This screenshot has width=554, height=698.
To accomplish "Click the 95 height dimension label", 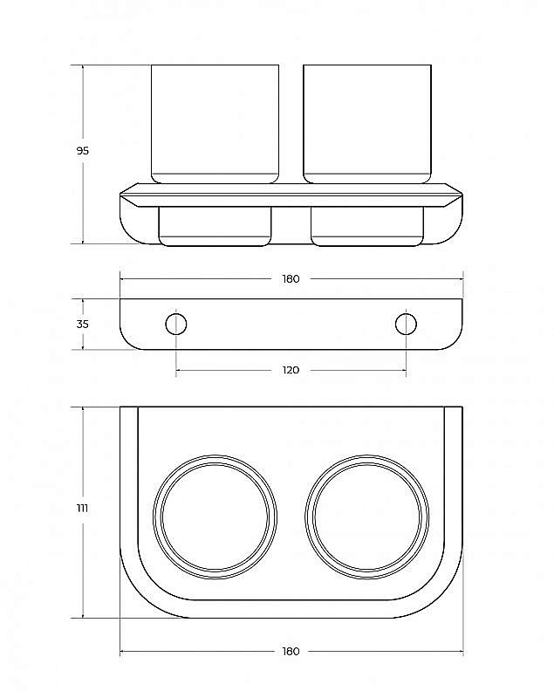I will [x=83, y=151].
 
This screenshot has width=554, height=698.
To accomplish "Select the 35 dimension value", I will [x=83, y=324].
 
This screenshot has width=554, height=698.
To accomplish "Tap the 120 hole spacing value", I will [x=291, y=370].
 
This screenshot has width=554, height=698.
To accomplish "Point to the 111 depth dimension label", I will [x=83, y=508].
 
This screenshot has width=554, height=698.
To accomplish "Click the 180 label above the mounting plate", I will [x=291, y=279].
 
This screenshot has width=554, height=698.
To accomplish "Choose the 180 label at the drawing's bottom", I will [x=291, y=651].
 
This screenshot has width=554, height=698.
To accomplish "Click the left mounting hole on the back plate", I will [x=176, y=324].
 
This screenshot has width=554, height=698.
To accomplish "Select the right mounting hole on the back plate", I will [x=406, y=324].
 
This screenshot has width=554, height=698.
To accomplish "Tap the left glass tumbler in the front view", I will [x=215, y=122].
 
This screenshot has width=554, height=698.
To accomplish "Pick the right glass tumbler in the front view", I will [x=367, y=122].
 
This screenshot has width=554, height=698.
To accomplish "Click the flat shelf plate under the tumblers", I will [x=291, y=189].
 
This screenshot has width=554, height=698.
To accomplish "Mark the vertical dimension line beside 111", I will [x=83, y=567].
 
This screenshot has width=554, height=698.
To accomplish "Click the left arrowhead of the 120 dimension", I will [x=179, y=371].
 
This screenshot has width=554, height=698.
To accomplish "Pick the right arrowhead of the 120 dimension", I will [x=403, y=371].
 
